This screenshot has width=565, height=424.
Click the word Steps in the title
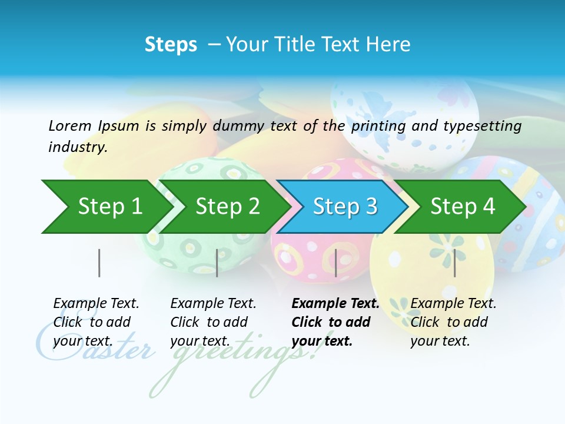(171, 45)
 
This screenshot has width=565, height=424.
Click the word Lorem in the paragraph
(70, 125)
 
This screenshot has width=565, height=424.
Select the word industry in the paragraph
(77, 147)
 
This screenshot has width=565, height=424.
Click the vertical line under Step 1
(99, 263)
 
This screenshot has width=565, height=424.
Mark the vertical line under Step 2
(217, 263)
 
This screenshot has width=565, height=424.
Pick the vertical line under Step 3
(336, 263)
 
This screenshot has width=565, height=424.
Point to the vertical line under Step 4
(454, 263)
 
